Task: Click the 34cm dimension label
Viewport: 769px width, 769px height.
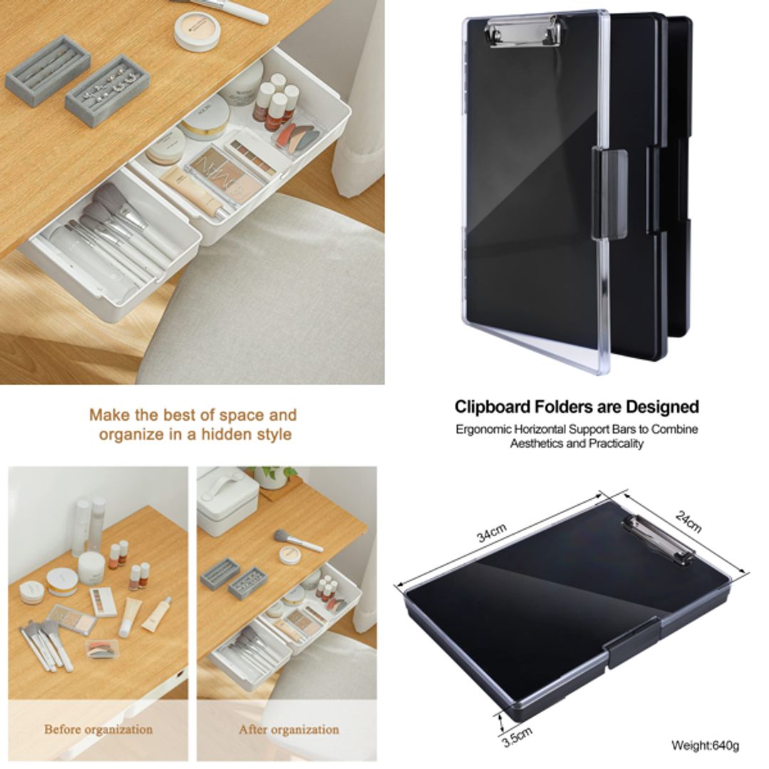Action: (x=492, y=533)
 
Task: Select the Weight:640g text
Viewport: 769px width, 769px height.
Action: (x=705, y=746)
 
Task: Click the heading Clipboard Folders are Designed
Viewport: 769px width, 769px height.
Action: (x=577, y=407)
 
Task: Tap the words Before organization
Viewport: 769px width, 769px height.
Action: (x=98, y=729)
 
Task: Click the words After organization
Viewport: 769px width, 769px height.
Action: (x=288, y=729)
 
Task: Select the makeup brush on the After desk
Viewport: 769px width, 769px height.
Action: (x=298, y=541)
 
